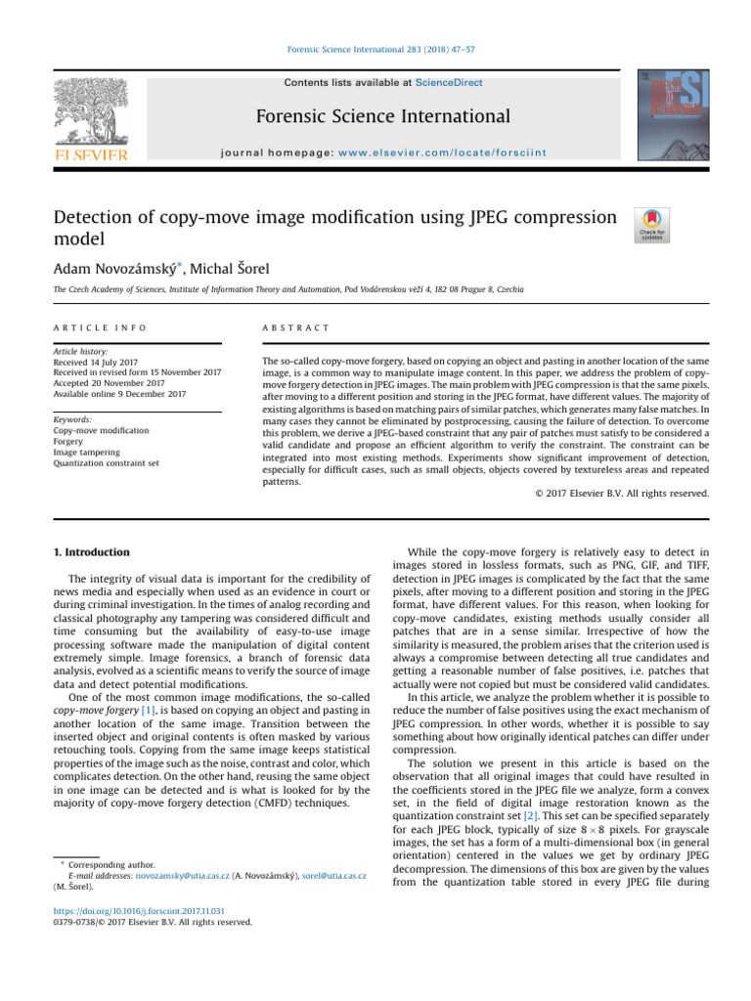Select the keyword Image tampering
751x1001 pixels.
(x=87, y=452)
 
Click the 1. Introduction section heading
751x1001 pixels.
(x=91, y=552)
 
